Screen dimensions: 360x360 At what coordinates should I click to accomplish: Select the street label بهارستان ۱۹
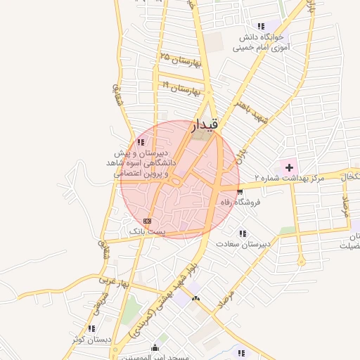(x=181, y=88)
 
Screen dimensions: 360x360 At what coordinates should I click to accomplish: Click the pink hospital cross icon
(x=288, y=167)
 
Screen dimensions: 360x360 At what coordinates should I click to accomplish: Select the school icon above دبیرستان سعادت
(x=243, y=233)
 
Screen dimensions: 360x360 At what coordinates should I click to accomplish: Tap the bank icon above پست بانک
(x=146, y=221)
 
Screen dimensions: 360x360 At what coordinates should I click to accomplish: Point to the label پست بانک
(x=146, y=231)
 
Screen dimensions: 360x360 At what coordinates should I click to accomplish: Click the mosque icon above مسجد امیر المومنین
(x=155, y=347)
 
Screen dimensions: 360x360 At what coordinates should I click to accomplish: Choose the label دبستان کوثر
(x=91, y=339)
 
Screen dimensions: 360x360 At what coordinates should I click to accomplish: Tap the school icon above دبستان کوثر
(x=91, y=328)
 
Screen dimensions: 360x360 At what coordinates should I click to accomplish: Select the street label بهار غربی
(x=115, y=281)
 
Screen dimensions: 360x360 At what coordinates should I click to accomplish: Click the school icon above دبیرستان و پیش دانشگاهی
(x=141, y=142)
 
